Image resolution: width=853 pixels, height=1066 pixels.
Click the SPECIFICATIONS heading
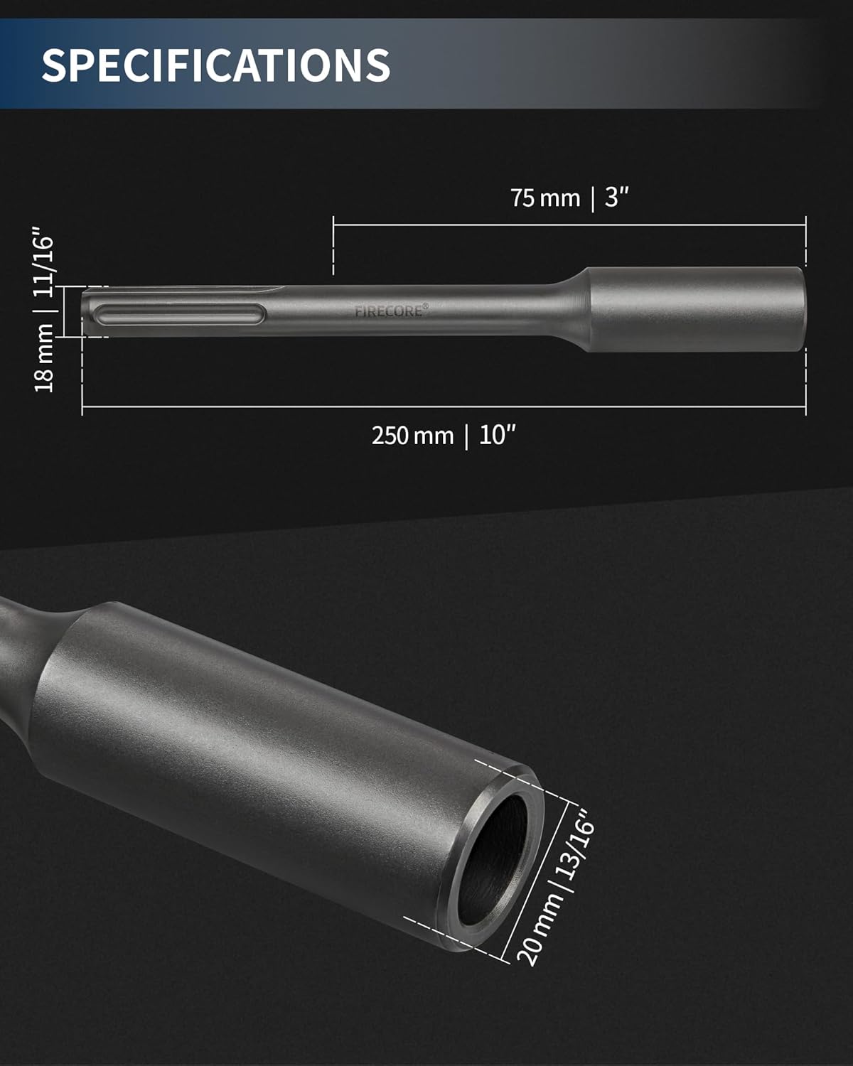tap(215, 65)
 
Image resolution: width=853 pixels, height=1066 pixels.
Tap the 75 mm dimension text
tap(545, 198)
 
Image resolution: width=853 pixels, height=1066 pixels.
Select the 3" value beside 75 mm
tap(617, 198)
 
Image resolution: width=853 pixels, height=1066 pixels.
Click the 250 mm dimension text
tap(412, 435)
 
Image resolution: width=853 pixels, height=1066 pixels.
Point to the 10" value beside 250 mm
tap(497, 435)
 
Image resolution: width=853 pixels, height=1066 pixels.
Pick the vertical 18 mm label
tap(44, 357)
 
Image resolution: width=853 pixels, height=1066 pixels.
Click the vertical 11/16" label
tap(44, 265)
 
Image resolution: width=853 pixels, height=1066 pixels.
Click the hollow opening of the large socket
tap(498, 860)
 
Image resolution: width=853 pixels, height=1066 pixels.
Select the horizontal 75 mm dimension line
tap(498, 225)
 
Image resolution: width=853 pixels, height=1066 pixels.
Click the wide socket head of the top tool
tap(697, 309)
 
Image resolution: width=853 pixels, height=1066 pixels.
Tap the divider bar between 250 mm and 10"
tap(467, 436)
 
